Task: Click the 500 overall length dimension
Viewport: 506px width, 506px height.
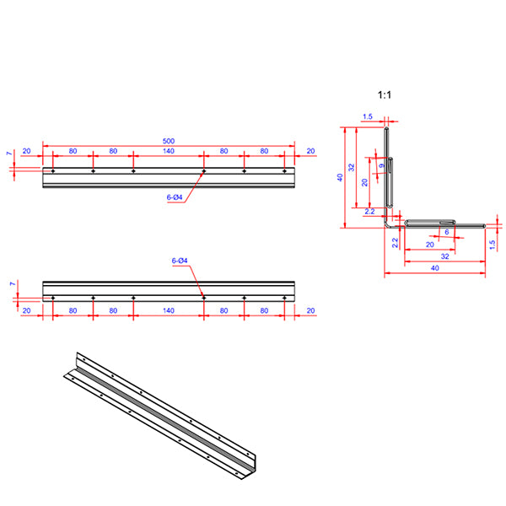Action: pyautogui.click(x=169, y=142)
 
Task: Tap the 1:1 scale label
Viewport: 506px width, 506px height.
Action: pyautogui.click(x=385, y=95)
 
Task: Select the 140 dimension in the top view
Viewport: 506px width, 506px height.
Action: pyautogui.click(x=169, y=151)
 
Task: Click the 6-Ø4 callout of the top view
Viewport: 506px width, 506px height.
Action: pyautogui.click(x=175, y=197)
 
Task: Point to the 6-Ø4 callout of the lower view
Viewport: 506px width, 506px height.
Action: pyautogui.click(x=180, y=261)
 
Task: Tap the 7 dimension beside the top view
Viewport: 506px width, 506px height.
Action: pyautogui.click(x=8, y=155)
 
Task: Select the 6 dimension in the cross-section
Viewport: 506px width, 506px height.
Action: pyautogui.click(x=446, y=232)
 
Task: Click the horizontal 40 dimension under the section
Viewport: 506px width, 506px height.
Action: pyautogui.click(x=434, y=267)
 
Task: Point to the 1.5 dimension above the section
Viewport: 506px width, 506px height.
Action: pyautogui.click(x=368, y=117)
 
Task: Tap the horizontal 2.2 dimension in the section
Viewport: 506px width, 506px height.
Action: pyautogui.click(x=370, y=212)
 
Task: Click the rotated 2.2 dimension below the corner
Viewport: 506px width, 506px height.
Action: pyautogui.click(x=395, y=243)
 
